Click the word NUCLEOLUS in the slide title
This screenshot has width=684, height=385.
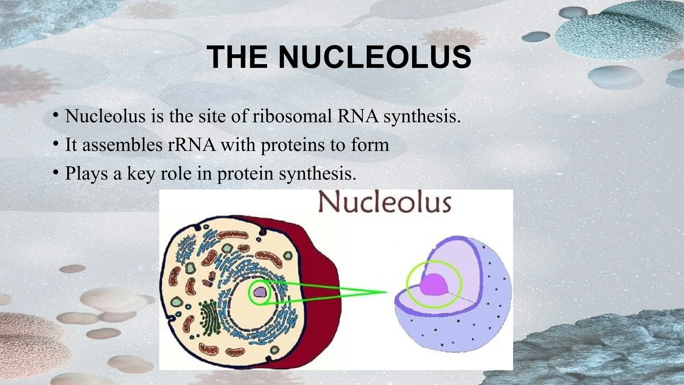(x=375, y=57)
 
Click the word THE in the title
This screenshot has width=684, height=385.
(x=237, y=57)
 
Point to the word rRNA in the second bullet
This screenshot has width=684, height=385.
(x=191, y=145)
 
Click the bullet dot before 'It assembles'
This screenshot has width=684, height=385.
(x=55, y=144)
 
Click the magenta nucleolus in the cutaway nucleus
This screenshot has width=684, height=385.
(x=434, y=284)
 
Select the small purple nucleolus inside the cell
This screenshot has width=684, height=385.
(x=259, y=292)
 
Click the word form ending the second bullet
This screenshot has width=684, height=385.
(x=370, y=145)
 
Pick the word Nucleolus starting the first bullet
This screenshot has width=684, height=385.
(x=105, y=116)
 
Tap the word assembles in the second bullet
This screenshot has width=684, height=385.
(x=122, y=145)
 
